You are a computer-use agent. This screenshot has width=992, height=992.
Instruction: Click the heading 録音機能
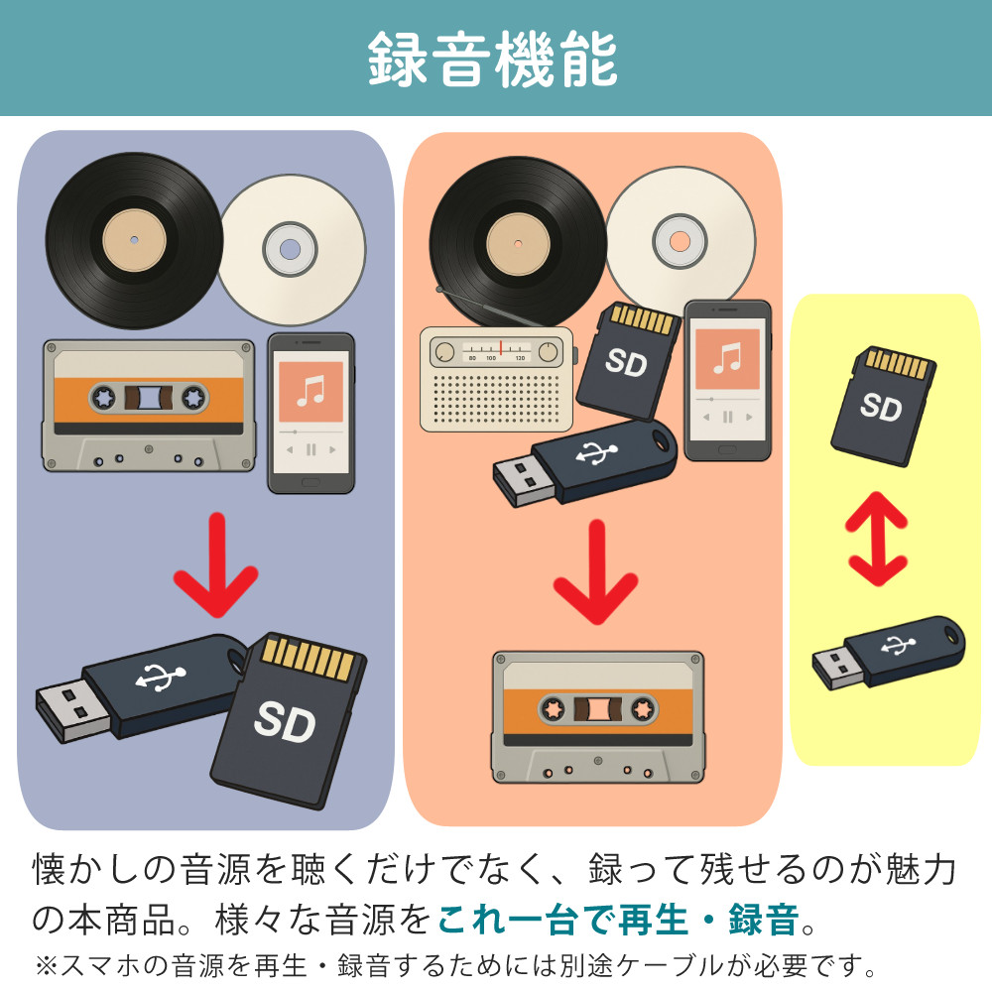493,60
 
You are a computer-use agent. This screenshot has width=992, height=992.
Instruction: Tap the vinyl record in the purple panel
134,241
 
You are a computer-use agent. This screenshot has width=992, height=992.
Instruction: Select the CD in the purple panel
291,249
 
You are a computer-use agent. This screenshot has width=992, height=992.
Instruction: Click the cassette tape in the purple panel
148,405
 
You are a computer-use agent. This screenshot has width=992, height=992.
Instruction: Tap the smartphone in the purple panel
310,413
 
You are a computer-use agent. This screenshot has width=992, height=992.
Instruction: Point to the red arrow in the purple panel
215,564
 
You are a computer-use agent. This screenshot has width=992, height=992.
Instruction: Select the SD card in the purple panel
289,719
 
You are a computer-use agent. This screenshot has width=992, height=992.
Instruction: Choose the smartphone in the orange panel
727,380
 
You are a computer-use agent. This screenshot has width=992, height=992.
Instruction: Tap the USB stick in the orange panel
585,461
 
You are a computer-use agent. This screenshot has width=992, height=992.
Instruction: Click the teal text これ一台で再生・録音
618,920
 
